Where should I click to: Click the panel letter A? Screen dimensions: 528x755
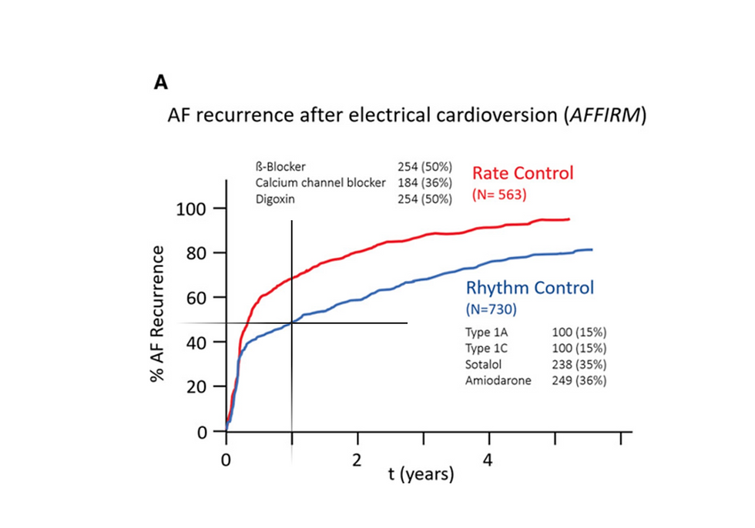coord(162,83)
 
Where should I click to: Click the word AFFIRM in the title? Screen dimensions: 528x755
coord(603,117)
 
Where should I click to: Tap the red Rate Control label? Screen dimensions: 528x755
coord(522,172)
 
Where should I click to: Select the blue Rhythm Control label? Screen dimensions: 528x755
coord(530,288)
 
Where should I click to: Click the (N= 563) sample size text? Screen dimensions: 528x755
coord(498,195)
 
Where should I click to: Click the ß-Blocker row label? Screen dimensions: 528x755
coord(280,166)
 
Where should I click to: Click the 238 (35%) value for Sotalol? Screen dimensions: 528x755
coord(579,364)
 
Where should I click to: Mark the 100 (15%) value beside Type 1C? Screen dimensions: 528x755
coord(579,349)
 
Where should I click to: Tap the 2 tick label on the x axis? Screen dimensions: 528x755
coord(357,459)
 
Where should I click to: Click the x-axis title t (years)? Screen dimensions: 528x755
coord(421,474)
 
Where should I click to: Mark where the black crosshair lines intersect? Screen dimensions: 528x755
coord(291,322)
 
